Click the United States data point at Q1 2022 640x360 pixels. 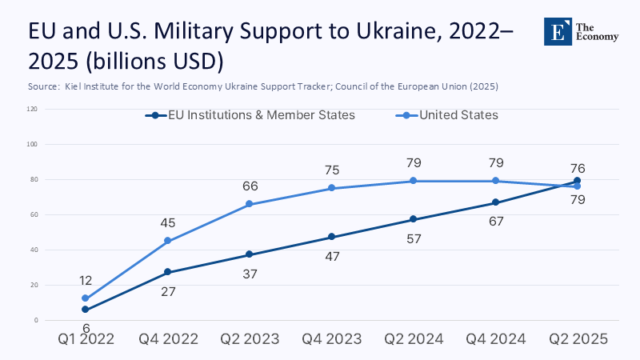pyautogui.click(x=85, y=298)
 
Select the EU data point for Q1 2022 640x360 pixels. pyautogui.click(x=85, y=310)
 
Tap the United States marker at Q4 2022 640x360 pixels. pyautogui.click(x=167, y=241)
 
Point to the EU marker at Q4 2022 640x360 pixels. pyautogui.click(x=167, y=272)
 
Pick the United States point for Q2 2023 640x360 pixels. pyautogui.click(x=249, y=204)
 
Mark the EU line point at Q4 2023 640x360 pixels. pyautogui.click(x=331, y=237)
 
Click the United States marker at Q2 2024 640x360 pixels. pyautogui.click(x=414, y=181)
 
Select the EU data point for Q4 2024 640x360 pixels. pyautogui.click(x=496, y=202)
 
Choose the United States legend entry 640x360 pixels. pyautogui.click(x=448, y=115)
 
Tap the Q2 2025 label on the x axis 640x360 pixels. pyautogui.click(x=578, y=339)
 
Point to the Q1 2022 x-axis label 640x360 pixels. pyautogui.click(x=85, y=339)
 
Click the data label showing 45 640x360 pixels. pyautogui.click(x=167, y=223)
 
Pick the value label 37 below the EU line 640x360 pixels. pyautogui.click(x=249, y=274)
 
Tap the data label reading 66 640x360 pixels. pyautogui.click(x=249, y=186)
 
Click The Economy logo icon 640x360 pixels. pyautogui.click(x=557, y=32)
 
